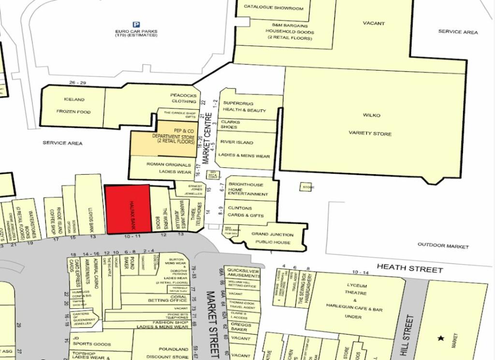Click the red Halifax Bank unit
(128, 209)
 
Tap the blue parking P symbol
(136, 25)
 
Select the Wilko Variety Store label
(371, 124)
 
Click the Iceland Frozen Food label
(73, 105)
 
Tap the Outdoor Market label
(443, 246)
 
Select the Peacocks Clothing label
(183, 98)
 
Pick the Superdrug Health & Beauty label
(244, 106)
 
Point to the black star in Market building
(440, 338)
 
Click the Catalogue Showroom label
(273, 8)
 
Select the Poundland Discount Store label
(173, 353)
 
